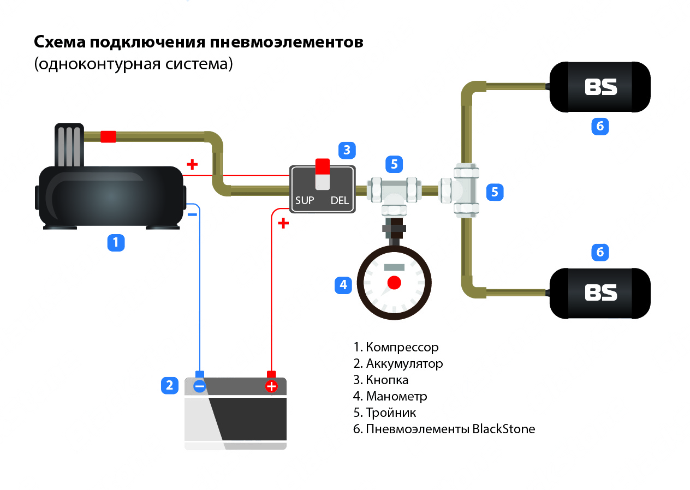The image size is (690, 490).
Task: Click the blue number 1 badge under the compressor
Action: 116,242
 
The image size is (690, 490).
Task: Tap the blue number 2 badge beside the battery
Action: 170,385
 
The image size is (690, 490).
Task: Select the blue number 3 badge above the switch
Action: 347,150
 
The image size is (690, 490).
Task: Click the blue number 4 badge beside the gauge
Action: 343,285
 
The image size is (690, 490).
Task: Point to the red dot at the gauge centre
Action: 394,283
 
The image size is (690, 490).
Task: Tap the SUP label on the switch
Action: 305,200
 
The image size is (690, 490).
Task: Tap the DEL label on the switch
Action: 340,200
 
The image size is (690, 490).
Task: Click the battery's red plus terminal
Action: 271,386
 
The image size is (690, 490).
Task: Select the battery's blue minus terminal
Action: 200,386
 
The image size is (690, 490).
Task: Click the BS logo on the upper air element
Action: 600,87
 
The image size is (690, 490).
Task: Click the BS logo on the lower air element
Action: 600,292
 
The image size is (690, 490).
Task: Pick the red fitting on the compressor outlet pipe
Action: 109,136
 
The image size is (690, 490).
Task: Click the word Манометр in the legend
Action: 396,396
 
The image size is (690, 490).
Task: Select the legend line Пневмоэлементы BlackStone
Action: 450,429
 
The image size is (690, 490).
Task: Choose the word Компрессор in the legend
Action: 402,347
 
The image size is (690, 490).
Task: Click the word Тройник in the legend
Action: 391,413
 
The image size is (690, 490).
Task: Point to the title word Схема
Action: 60,43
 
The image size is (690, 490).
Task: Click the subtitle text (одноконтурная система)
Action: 133,64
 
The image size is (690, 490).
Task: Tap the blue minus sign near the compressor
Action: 192,214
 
